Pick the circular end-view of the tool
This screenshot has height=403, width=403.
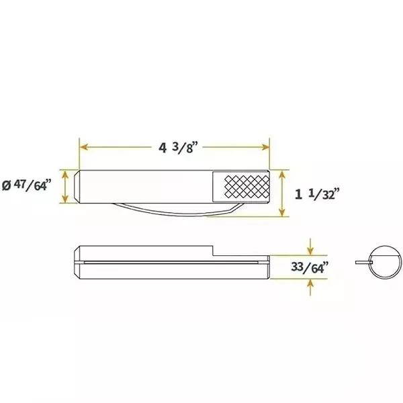tap(386, 259)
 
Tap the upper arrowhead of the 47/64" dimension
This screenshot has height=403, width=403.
tap(65, 173)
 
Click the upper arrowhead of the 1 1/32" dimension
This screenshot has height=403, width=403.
tap(283, 173)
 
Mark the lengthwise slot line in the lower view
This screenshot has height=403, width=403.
tap(168, 261)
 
